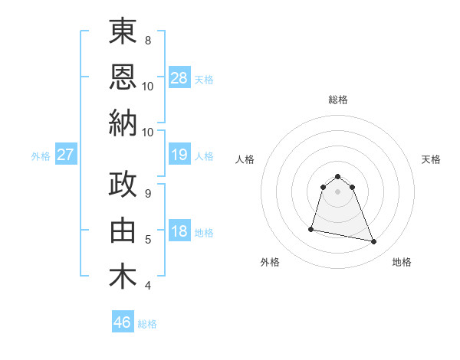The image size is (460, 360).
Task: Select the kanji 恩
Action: [123, 77]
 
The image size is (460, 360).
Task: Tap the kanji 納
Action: [123, 123]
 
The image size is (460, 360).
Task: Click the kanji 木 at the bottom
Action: [123, 277]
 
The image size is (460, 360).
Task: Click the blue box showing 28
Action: [179, 77]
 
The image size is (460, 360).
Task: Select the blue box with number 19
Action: [179, 155]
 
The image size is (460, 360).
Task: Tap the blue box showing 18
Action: [179, 231]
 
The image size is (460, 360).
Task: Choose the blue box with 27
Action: [65, 155]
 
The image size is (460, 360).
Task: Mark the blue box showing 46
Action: [123, 322]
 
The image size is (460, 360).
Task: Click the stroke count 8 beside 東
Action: [148, 39]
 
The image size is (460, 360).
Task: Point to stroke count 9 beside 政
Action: [148, 193]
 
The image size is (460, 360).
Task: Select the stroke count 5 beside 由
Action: [148, 240]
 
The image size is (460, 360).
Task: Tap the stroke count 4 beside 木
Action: [148, 286]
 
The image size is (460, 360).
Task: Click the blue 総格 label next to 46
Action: [147, 324]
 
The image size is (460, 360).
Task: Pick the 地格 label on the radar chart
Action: [402, 262]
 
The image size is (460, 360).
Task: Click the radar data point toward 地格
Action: [374, 242]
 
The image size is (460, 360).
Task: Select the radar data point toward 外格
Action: [311, 228]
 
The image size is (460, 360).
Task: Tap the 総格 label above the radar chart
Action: [338, 100]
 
